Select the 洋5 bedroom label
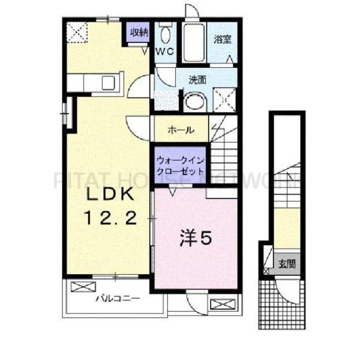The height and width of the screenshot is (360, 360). coord(195,239)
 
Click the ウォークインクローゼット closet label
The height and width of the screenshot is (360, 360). coord(181,166)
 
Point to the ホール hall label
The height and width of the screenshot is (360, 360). coord(181,130)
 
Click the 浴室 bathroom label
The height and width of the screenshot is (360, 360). coord(223,40)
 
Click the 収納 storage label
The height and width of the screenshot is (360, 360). coord(139,32)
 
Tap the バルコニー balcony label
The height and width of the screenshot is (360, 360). coord(117,298)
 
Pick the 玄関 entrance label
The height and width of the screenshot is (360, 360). coord(286,263)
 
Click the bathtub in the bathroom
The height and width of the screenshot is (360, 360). coord(194,43)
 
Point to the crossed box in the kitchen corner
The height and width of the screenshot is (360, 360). coord(76,31)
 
